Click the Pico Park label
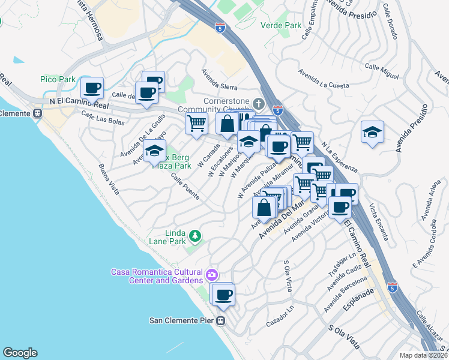(58, 79)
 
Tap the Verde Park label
(281, 26)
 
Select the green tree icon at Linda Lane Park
(194, 236)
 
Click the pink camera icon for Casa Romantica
(211, 276)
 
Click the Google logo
(20, 353)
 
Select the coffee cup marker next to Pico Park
(92, 88)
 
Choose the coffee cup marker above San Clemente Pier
(224, 295)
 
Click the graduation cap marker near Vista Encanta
(372, 132)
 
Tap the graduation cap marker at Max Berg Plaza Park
(155, 153)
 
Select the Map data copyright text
(424, 355)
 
